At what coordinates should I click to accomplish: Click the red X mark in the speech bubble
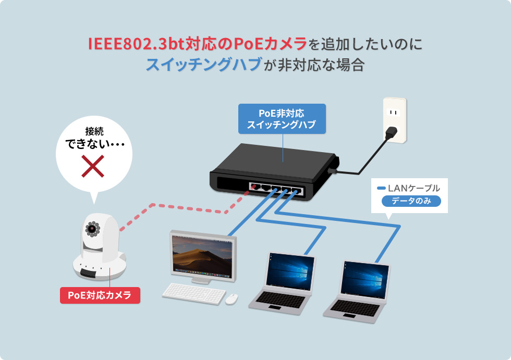pos(93,166)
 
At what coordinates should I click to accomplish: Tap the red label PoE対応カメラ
pos(100,295)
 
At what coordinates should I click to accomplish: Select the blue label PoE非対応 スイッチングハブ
pos(282,119)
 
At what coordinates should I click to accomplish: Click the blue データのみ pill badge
pos(411,202)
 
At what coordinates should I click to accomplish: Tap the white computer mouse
pos(232,299)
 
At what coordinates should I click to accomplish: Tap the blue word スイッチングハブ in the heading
pos(203,65)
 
